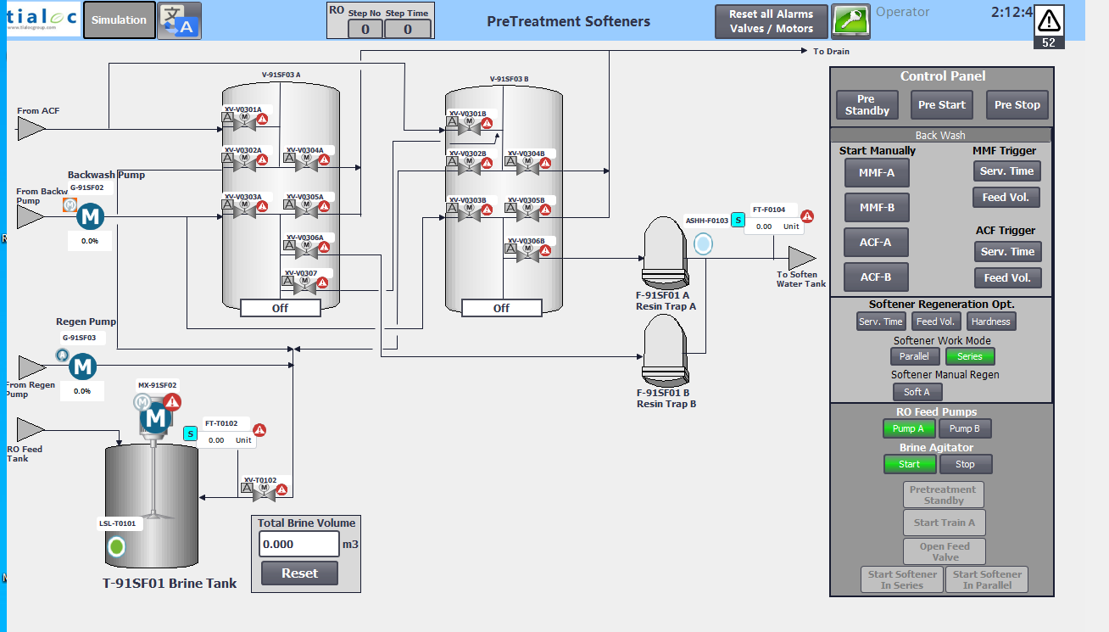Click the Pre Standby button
pos(867,105)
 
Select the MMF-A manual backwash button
pos(876,173)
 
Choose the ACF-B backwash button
pos(876,277)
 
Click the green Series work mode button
pos(970,356)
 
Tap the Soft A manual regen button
pos(917,392)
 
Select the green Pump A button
pos(909,428)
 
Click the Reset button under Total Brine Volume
pos(299,573)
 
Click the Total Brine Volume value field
pos(298,544)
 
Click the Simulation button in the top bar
pos(119,20)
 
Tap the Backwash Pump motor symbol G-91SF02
pos(89,217)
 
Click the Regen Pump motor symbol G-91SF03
pos(82,367)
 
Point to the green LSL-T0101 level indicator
pos(117,547)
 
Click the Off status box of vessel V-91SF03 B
pos(501,309)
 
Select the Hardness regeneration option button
pos(990,322)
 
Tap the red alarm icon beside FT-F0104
pos(807,216)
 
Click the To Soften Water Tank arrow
pos(801,257)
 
